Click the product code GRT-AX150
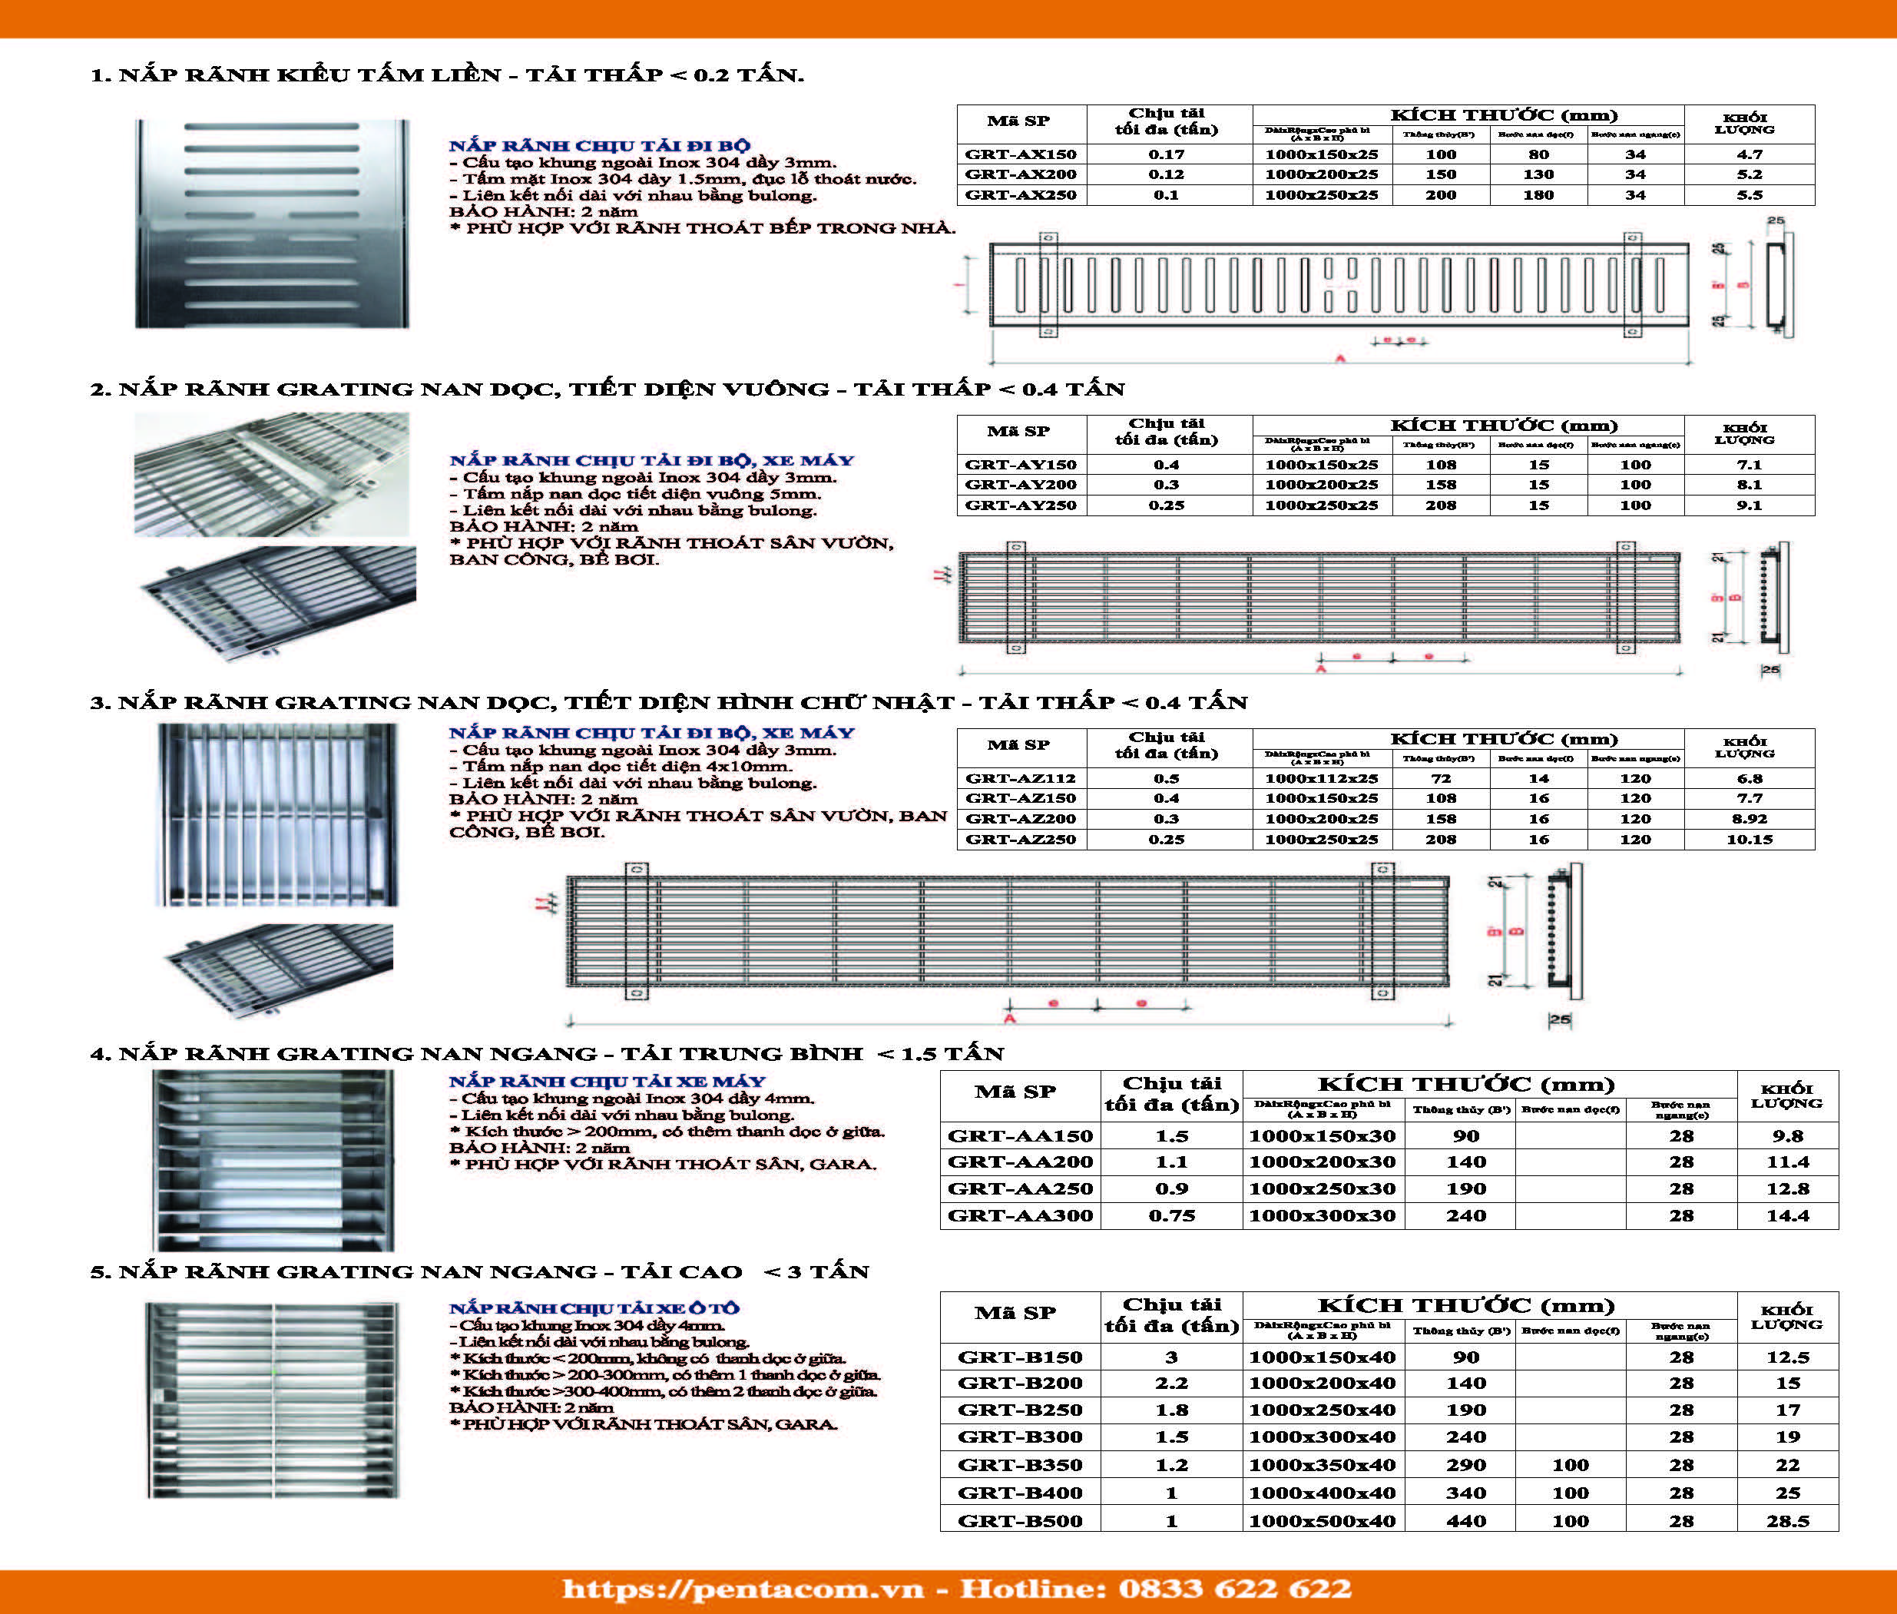(x=1021, y=154)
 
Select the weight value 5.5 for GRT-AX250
(x=1749, y=195)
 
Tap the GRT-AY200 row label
(x=1021, y=485)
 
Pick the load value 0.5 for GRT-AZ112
(x=1166, y=779)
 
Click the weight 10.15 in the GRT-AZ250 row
(x=1749, y=839)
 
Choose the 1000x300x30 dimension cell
(x=1323, y=1216)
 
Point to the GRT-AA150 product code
(x=1020, y=1136)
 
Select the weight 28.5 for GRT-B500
(x=1787, y=1522)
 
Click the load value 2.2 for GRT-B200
(x=1170, y=1384)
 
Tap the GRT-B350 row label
(x=1020, y=1465)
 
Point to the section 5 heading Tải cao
(x=479, y=1272)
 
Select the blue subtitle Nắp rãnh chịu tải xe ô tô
(x=594, y=1308)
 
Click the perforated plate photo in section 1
(x=273, y=224)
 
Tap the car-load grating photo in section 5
(x=273, y=1400)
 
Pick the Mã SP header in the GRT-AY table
(x=1018, y=431)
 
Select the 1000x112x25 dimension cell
(x=1322, y=779)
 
